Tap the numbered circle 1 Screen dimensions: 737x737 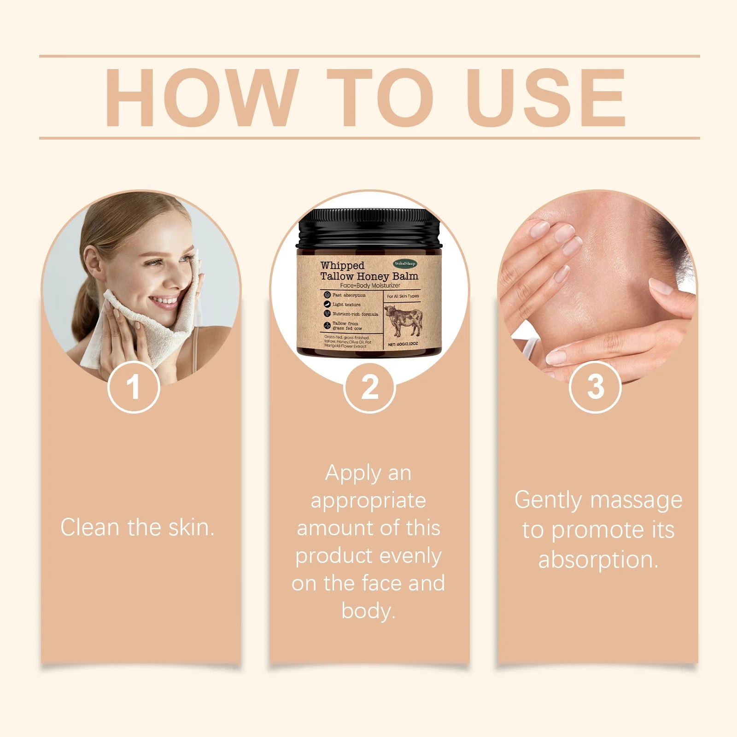134,387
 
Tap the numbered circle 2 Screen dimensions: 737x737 369,387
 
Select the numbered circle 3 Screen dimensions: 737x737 595,387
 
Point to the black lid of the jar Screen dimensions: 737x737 369,228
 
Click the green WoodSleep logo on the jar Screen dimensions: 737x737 405,263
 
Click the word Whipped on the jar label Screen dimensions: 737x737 342,266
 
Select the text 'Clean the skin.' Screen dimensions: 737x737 137,527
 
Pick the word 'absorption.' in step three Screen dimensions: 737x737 598,560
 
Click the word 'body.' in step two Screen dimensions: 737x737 368,611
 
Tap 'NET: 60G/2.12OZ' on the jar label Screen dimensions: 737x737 403,344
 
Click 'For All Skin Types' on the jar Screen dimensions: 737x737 403,296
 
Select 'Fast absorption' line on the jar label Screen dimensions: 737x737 349,295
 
